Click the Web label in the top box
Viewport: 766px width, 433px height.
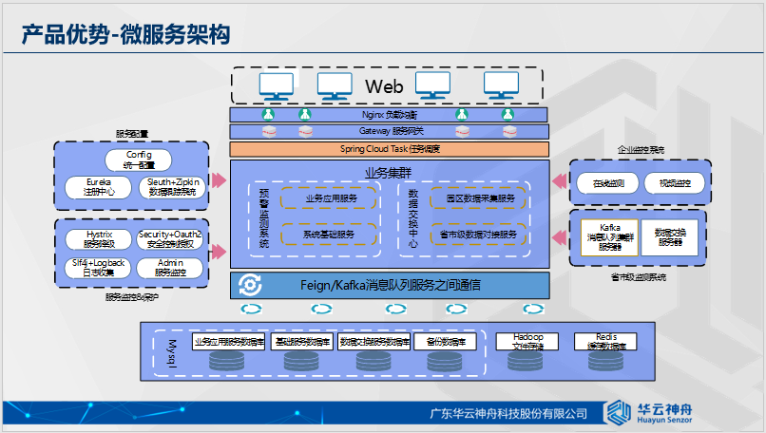pos(385,87)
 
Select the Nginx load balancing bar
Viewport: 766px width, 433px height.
pos(390,115)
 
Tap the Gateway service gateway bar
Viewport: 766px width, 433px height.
pos(390,131)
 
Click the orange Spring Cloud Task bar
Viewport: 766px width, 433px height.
pos(390,149)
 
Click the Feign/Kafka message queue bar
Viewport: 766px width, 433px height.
pos(390,284)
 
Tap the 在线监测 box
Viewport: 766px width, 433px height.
pos(608,183)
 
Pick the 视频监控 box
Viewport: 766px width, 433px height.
pos(674,183)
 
